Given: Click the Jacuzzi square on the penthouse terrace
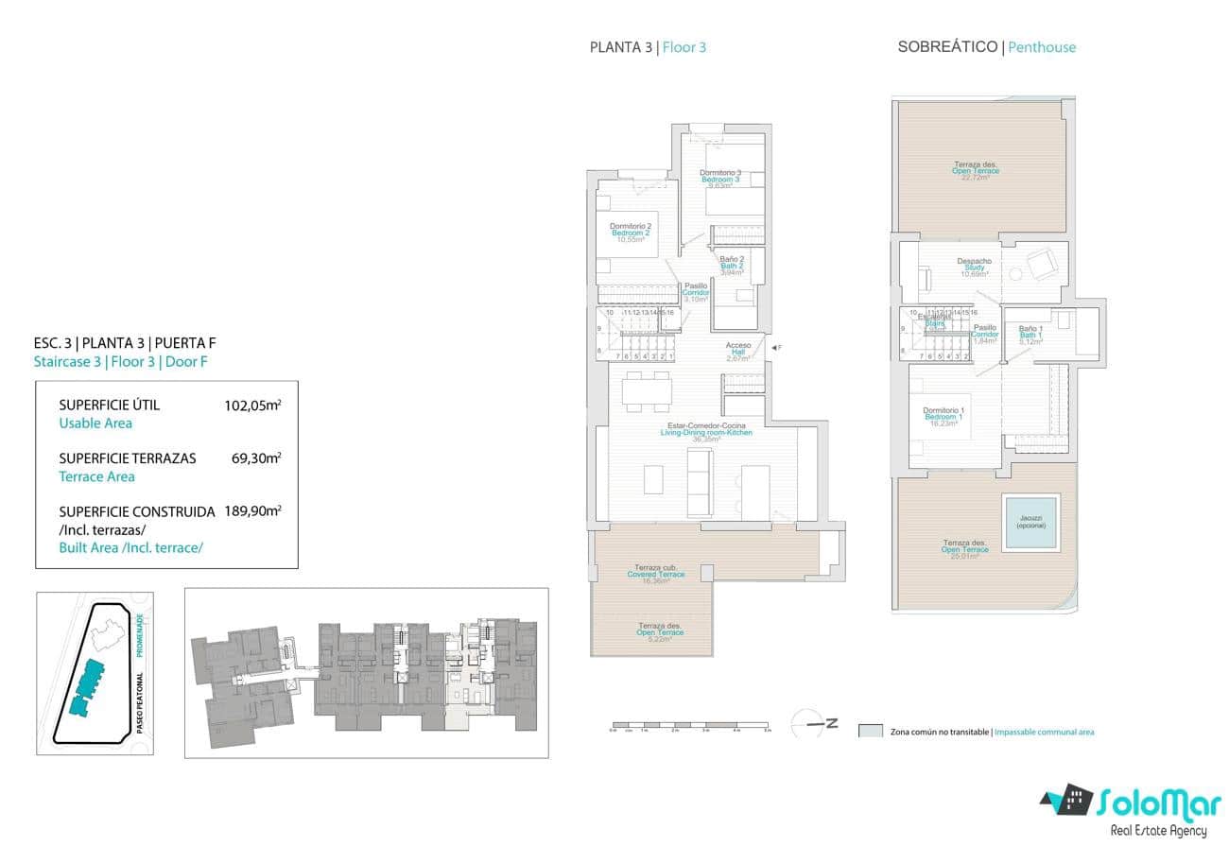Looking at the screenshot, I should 1028,523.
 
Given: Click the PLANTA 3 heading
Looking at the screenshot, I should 620,47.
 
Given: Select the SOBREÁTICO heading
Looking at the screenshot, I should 947,47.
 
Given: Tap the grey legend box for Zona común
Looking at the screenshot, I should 871,732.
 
